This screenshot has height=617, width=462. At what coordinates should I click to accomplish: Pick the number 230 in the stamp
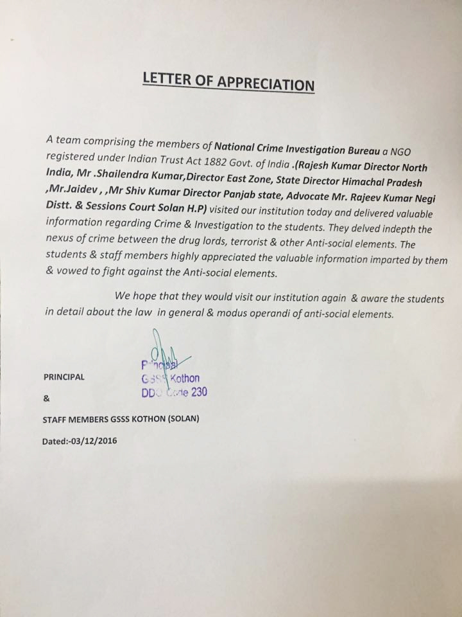click(196, 392)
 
